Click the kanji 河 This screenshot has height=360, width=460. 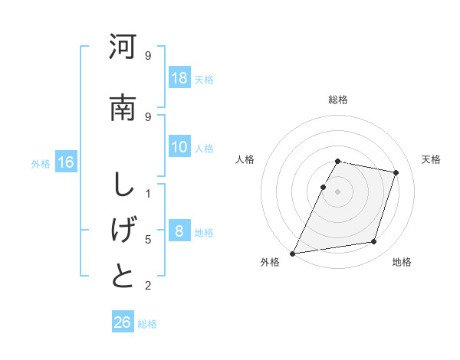pyautogui.click(x=123, y=47)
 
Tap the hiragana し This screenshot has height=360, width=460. pyautogui.click(x=123, y=185)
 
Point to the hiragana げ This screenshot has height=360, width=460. pyautogui.click(x=123, y=231)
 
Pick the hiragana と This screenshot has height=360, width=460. pyautogui.click(x=123, y=276)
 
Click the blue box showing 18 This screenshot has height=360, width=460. pyautogui.click(x=179, y=78)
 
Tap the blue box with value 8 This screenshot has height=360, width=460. pyautogui.click(x=179, y=231)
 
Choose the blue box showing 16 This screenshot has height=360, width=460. pyautogui.click(x=66, y=162)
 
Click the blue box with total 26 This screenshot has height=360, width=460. pyautogui.click(x=123, y=322)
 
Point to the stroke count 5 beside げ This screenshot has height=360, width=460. pyautogui.click(x=148, y=240)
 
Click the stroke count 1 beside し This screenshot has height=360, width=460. pyautogui.click(x=148, y=193)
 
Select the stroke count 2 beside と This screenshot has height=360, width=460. pyautogui.click(x=148, y=286)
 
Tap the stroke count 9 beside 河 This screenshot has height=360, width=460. pyautogui.click(x=148, y=55)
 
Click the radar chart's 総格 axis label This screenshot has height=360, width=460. pyautogui.click(x=338, y=100)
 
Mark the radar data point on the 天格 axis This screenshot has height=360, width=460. pyautogui.click(x=396, y=172)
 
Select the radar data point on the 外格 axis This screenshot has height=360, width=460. pyautogui.click(x=293, y=253)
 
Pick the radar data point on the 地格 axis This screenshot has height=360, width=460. pyautogui.click(x=374, y=242)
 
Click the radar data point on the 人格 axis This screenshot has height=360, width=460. pyautogui.click(x=323, y=187)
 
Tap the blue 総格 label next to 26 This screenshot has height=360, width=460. pyautogui.click(x=147, y=323)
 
